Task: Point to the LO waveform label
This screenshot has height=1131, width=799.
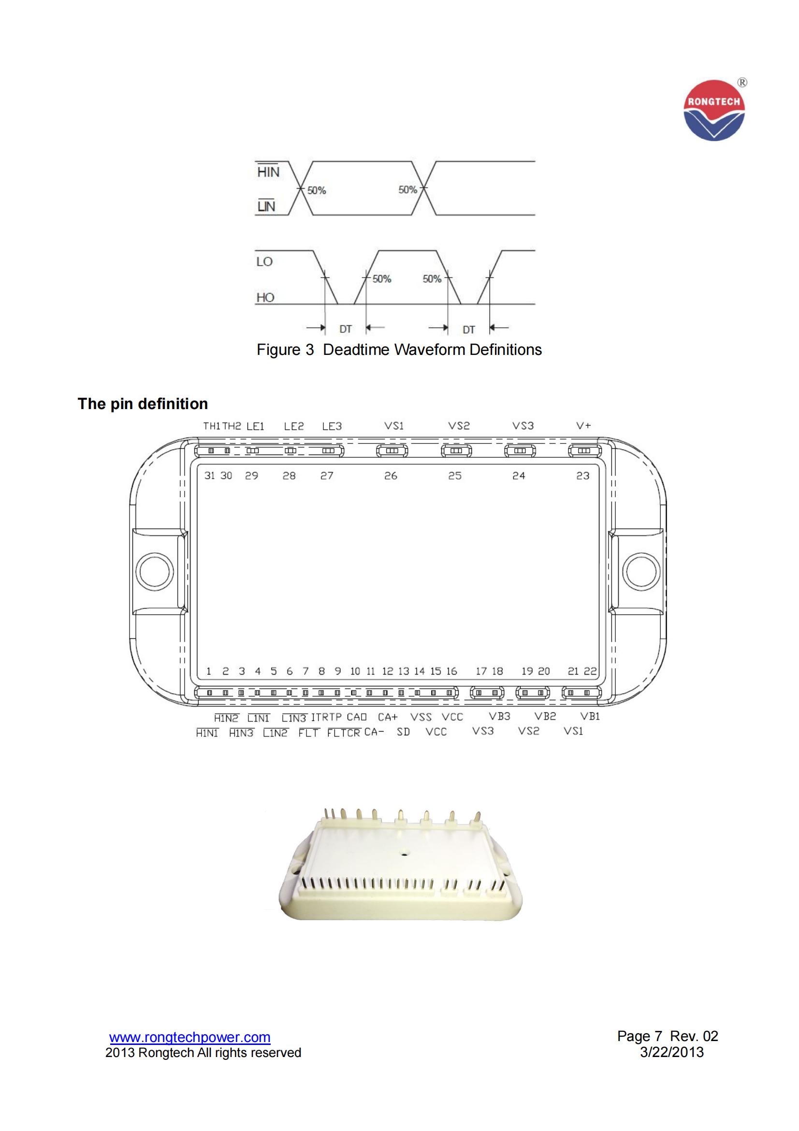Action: coord(264,262)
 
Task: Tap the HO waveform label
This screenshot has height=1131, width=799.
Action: coord(265,297)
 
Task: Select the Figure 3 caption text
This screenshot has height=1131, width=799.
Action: coord(399,349)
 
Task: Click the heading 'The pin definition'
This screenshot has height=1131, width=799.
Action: coord(143,403)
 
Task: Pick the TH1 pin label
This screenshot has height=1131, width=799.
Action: coord(212,426)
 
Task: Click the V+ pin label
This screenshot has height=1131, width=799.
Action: coord(583,425)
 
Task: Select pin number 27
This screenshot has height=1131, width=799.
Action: coord(327,476)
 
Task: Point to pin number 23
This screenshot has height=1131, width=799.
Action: coord(583,476)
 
